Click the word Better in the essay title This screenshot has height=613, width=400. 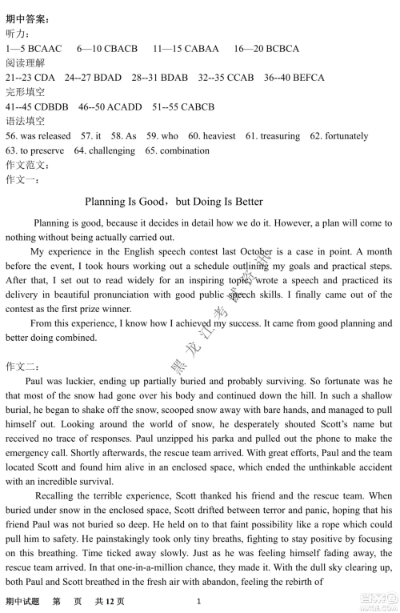[x=246, y=202]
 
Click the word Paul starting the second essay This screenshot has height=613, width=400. [x=36, y=382]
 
